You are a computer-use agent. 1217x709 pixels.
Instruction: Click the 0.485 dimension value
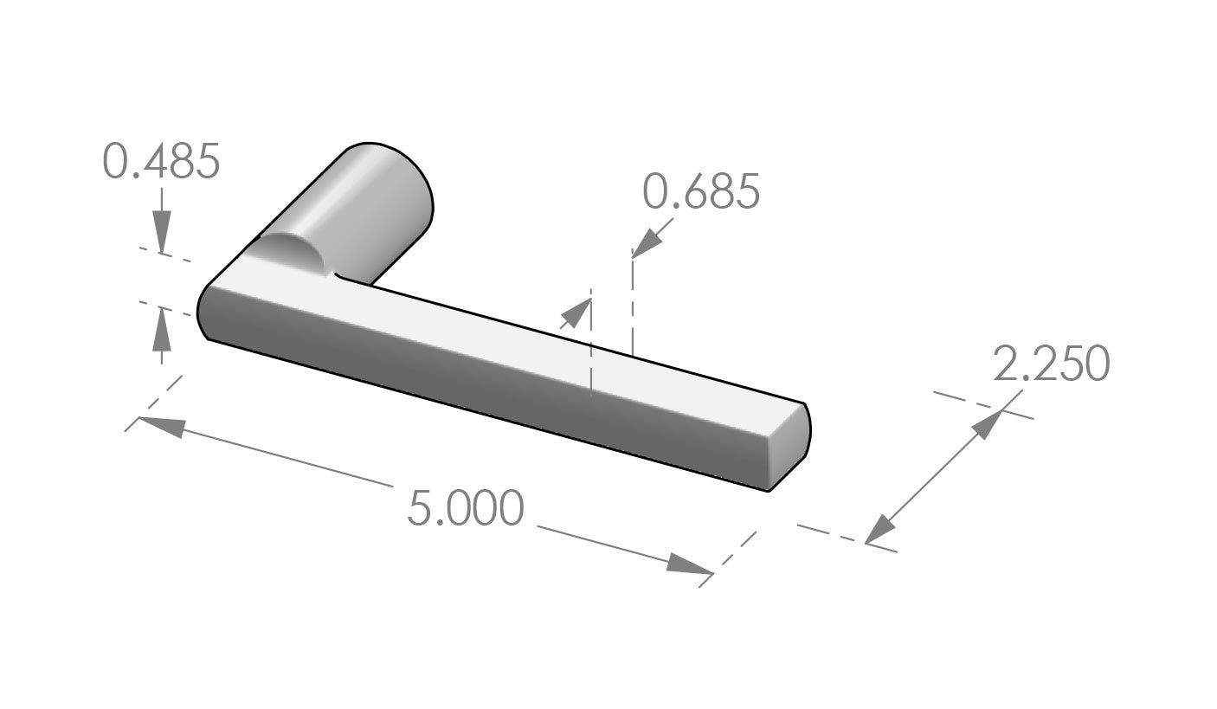tap(161, 161)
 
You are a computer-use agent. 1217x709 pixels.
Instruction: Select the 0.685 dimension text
tap(701, 191)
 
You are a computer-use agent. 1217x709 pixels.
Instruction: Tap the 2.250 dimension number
tap(1052, 363)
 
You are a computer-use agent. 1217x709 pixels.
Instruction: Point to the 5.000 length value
tap(466, 507)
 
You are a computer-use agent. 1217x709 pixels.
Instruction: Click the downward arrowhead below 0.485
tap(161, 231)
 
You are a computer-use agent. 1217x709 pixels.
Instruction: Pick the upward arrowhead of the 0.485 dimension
tap(161, 328)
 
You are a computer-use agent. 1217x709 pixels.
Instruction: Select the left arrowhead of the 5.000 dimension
tap(162, 427)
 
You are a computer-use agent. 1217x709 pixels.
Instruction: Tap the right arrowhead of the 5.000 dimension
tap(689, 564)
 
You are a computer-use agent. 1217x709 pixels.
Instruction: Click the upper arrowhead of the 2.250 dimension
tap(987, 425)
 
